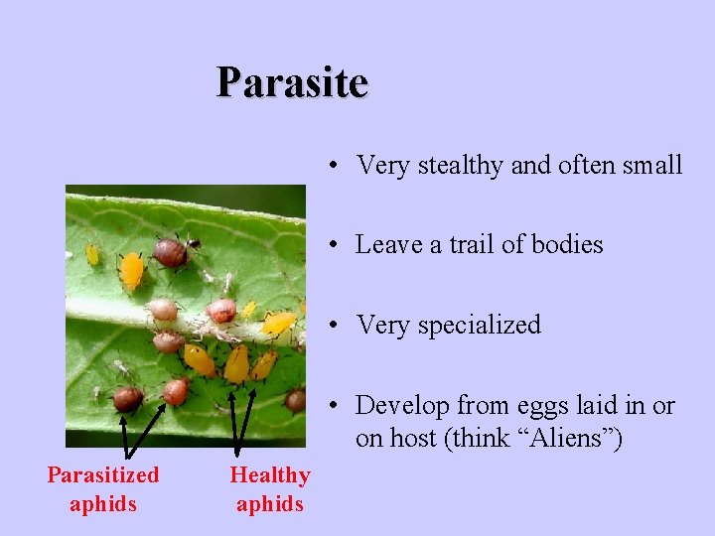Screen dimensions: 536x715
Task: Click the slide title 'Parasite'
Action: click(x=293, y=82)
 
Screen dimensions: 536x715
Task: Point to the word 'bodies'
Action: click(x=566, y=244)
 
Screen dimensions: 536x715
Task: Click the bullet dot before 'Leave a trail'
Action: click(x=339, y=245)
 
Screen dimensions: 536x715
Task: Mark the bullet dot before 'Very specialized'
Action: click(x=339, y=326)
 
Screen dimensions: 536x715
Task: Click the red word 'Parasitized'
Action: click(x=103, y=475)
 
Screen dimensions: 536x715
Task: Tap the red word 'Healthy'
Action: click(x=270, y=475)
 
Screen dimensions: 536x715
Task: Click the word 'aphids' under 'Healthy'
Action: click(x=270, y=504)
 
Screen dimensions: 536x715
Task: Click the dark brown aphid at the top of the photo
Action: click(x=172, y=252)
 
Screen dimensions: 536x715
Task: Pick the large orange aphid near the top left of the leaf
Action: click(x=131, y=270)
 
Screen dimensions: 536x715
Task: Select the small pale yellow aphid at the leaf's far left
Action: click(x=91, y=254)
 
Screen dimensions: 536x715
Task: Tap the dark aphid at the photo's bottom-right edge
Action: click(x=295, y=400)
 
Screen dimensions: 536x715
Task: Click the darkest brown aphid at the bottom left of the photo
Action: click(x=127, y=399)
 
